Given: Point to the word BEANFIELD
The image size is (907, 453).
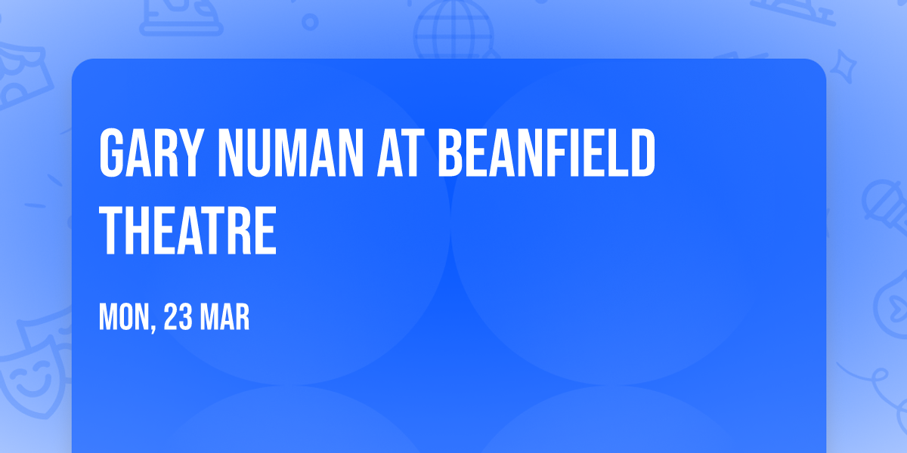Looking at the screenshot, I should pos(546,153).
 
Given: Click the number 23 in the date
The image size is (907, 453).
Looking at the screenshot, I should pos(178,318).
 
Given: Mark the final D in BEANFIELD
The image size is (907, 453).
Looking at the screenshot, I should pos(642,153).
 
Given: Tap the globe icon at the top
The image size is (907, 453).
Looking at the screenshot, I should pos(453,30).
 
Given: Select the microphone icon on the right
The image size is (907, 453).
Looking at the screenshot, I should pos(881,200).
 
